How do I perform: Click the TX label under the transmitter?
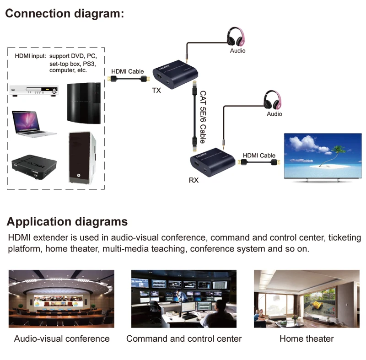(x=156, y=91)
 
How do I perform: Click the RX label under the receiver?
(x=194, y=180)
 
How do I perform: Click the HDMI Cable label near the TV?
(x=259, y=156)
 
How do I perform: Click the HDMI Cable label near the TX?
(x=128, y=71)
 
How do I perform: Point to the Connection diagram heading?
(x=65, y=13)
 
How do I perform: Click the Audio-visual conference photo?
(x=61, y=298)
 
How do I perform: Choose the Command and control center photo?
(x=184, y=298)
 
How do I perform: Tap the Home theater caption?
(x=307, y=339)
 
